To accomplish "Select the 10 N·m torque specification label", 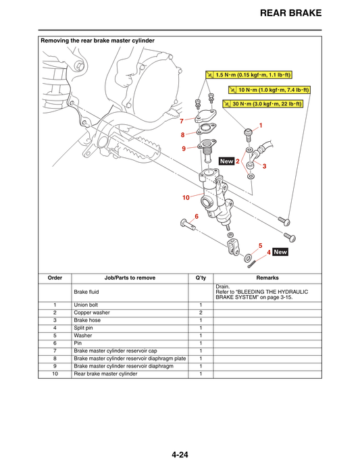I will pyautogui.click(x=269, y=90).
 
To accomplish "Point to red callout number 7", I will pyautogui.click(x=181, y=121).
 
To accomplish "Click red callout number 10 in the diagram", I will pyautogui.click(x=185, y=198).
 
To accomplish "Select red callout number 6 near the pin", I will pyautogui.click(x=197, y=216).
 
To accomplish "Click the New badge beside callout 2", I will pyautogui.click(x=226, y=161).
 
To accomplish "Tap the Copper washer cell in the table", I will pyautogui.click(x=93, y=313).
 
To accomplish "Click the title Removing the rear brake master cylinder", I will pyautogui.click(x=98, y=41).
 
